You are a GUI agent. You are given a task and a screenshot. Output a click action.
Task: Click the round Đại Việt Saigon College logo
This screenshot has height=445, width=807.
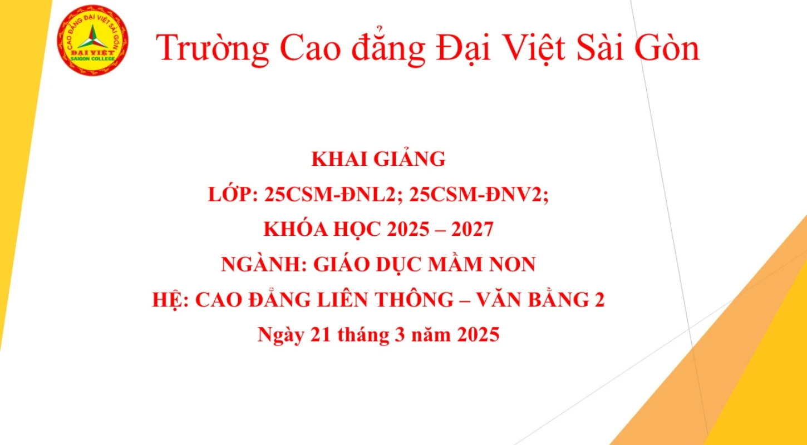point(93,41)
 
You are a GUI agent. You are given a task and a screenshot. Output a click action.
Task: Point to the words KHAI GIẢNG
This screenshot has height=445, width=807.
point(378,160)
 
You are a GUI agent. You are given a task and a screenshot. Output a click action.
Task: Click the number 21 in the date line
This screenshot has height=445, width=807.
point(321,335)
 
